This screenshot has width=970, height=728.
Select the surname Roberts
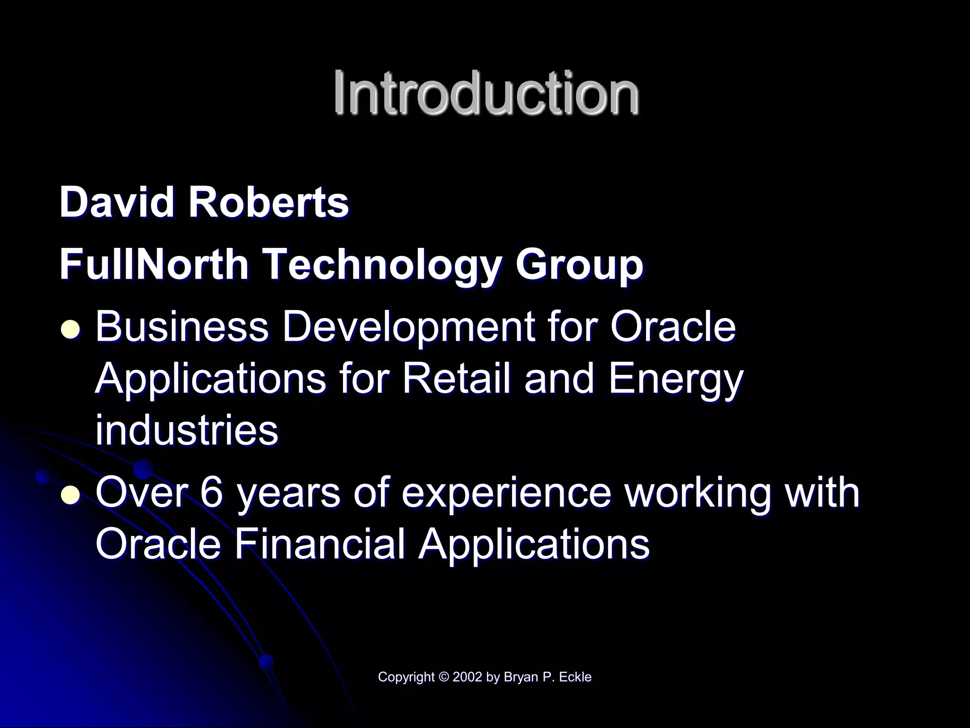[269, 202]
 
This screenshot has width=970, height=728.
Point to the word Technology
[381, 265]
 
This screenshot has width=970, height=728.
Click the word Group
[579, 265]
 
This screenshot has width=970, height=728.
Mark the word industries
[187, 430]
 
